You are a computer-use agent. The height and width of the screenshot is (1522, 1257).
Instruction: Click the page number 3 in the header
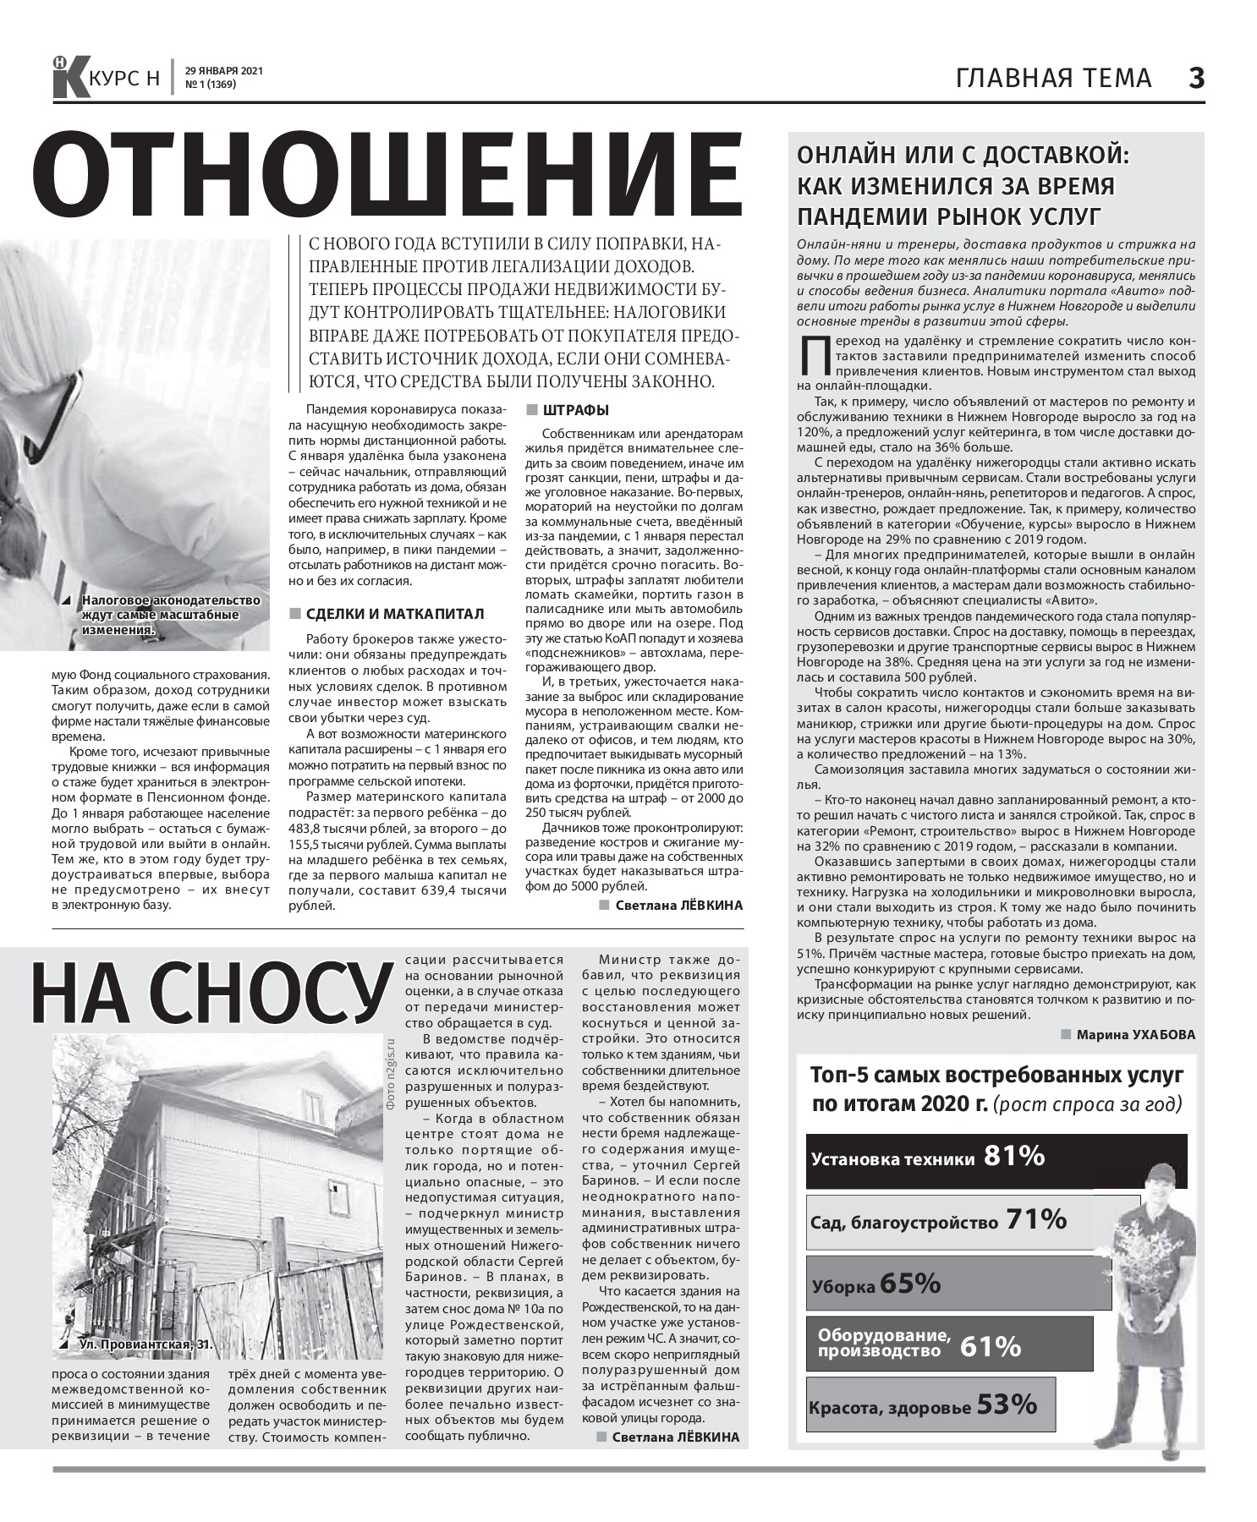pyautogui.click(x=1195, y=79)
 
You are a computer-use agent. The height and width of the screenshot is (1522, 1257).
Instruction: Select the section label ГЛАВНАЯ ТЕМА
pyautogui.click(x=1054, y=79)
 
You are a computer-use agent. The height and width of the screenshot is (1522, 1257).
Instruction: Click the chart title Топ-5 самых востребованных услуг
pyautogui.click(x=996, y=1076)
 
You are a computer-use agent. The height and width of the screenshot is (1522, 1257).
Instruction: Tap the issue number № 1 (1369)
pyautogui.click(x=210, y=85)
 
